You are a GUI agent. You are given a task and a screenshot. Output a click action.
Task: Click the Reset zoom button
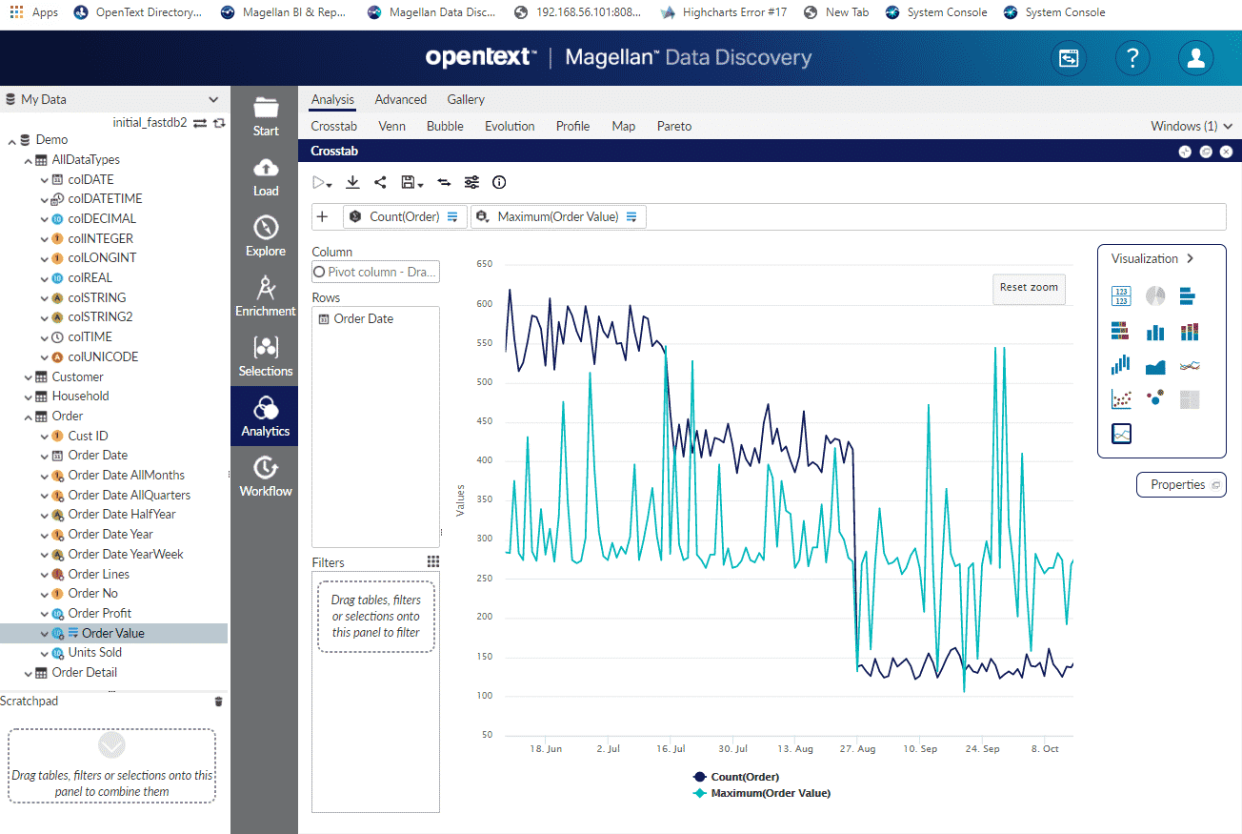coord(1029,288)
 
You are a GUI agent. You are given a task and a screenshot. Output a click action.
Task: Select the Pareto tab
coord(673,126)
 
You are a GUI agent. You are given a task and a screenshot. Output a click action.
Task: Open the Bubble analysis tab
coord(445,126)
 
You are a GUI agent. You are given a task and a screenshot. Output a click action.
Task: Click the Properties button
coord(1181,485)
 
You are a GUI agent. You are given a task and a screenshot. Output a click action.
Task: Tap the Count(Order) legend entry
coord(744,777)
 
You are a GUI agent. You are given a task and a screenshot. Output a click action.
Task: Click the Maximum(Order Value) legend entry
coord(770,793)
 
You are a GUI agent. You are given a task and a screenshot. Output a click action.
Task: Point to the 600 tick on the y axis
coord(485,304)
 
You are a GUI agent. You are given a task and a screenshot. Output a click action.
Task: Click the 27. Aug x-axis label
coord(857,749)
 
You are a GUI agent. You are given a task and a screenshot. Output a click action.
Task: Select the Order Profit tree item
coord(99,613)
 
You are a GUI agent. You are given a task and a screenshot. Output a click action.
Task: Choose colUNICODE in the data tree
coord(103,356)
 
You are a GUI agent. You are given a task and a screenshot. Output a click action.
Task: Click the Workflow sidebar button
coord(266,477)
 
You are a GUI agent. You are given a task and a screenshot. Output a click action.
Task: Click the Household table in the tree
coord(80,396)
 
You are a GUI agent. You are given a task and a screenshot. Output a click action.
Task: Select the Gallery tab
coord(466,99)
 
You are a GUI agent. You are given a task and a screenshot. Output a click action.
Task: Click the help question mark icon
coord(1132,58)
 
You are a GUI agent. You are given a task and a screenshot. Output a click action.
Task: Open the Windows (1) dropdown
coord(1191,126)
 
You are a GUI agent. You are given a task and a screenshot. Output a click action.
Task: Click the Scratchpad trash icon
coord(219,702)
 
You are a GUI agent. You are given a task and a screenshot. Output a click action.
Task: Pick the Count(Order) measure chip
coord(404,216)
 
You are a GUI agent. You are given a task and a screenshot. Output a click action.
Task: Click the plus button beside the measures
coord(322,216)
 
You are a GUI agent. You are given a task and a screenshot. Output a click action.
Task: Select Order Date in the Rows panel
coord(363,318)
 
